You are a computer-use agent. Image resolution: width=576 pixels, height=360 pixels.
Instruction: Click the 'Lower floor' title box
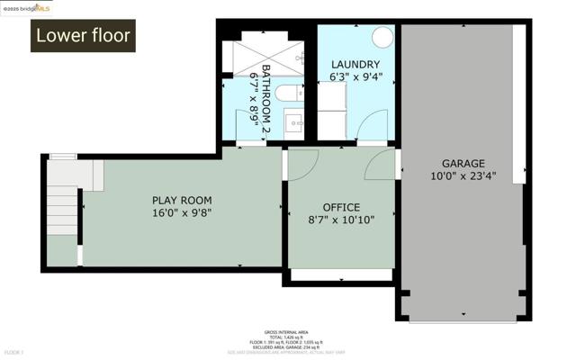(x=83, y=36)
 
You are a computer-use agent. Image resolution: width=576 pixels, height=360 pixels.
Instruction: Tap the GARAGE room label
(x=462, y=165)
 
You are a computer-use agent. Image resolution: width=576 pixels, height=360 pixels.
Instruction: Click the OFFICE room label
(x=340, y=205)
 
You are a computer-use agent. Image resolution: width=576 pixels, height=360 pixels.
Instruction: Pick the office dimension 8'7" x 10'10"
(x=340, y=219)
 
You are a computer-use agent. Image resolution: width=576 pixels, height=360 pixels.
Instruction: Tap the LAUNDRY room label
(x=355, y=64)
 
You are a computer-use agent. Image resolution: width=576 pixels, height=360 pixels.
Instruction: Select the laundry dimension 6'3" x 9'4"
(x=355, y=77)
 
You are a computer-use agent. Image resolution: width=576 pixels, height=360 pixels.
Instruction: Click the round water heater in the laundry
(x=382, y=37)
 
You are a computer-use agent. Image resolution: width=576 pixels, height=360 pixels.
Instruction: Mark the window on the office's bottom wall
(x=341, y=275)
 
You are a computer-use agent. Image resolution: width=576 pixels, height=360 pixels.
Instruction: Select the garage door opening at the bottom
(x=462, y=319)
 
